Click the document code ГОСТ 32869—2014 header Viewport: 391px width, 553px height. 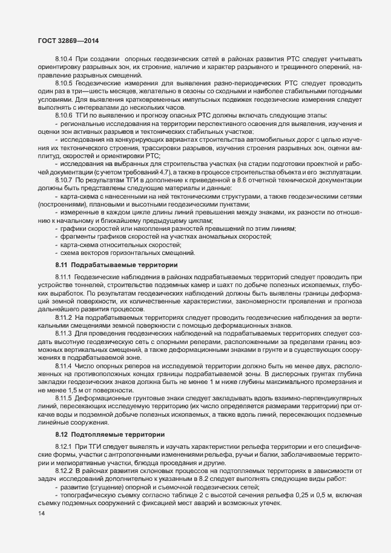pyautogui.click(x=63, y=41)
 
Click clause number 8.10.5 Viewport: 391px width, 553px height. pyautogui.click(x=64, y=82)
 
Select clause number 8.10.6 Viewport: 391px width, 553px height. pyautogui.click(x=64, y=115)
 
